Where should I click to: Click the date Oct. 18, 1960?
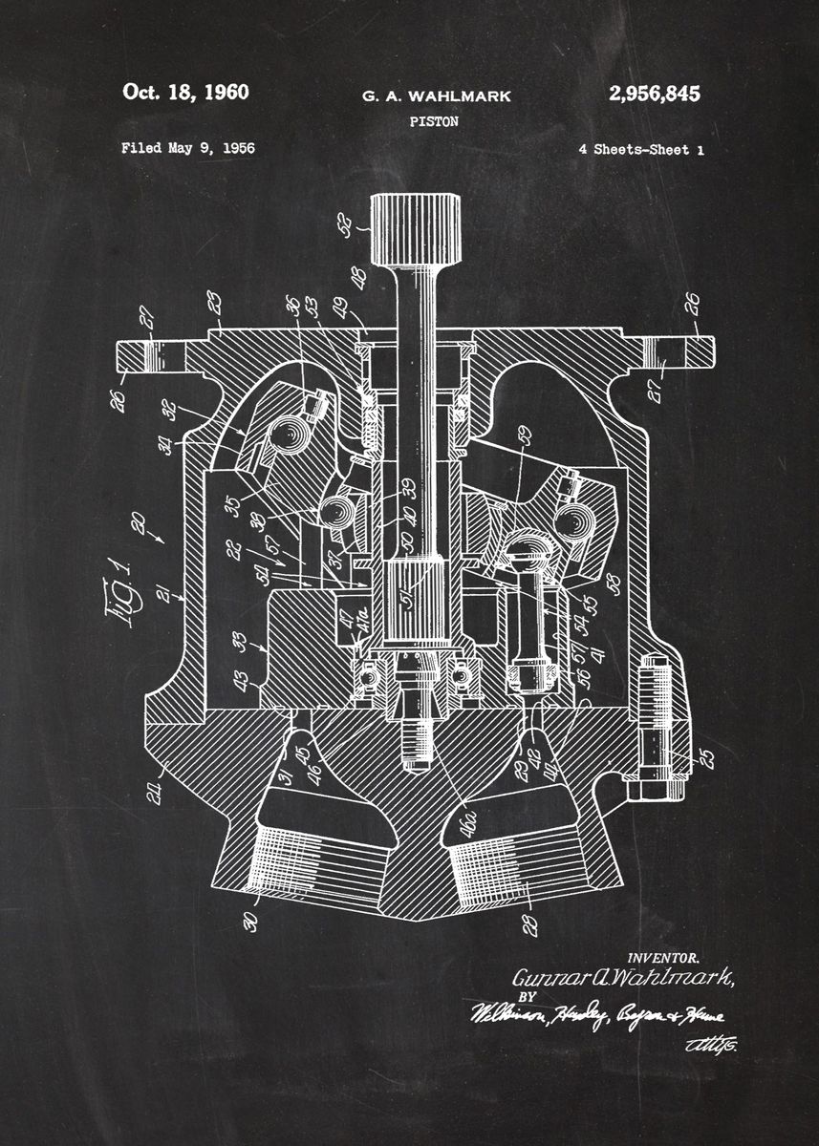click(x=185, y=93)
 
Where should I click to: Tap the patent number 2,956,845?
click(x=654, y=94)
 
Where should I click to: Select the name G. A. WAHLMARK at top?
click(x=436, y=95)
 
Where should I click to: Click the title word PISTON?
click(x=434, y=121)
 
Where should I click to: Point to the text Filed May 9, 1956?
click(x=187, y=148)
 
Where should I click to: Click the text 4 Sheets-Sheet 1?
click(x=640, y=149)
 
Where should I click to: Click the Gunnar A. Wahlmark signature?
click(x=623, y=978)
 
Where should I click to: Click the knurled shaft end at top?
click(x=415, y=229)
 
